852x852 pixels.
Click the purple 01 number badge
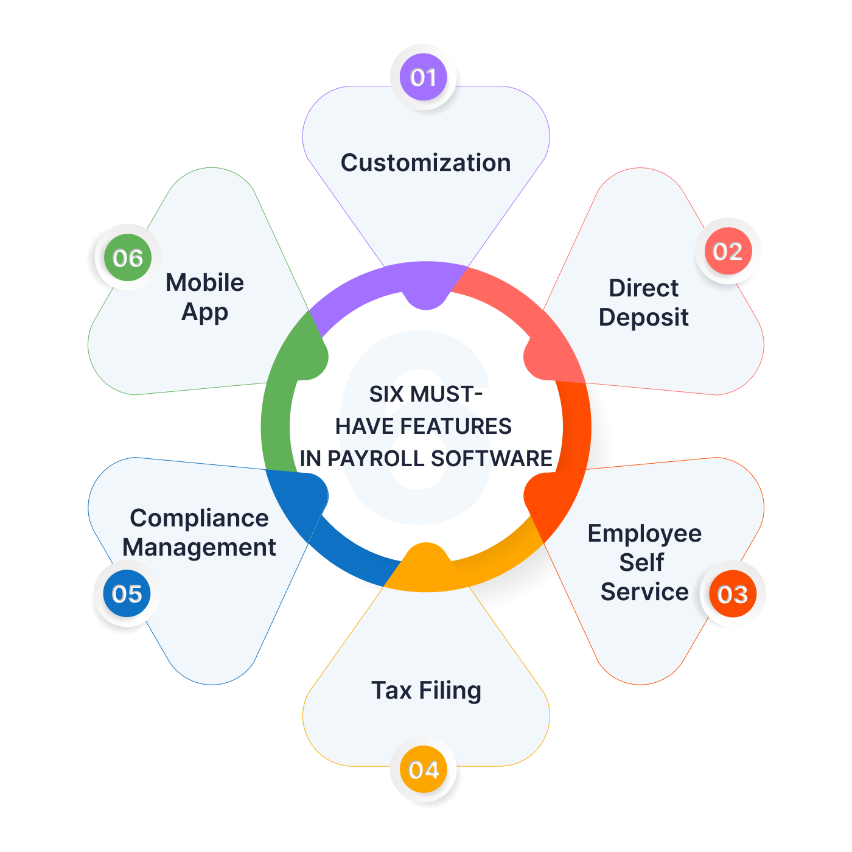[424, 77]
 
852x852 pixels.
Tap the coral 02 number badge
[728, 251]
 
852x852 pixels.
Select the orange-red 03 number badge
[732, 594]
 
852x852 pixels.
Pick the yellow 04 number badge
[424, 770]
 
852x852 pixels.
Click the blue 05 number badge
[127, 593]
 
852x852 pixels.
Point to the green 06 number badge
[128, 258]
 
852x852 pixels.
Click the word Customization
[425, 163]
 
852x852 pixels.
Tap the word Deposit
[643, 318]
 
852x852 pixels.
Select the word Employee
[644, 534]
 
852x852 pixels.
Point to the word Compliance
[199, 519]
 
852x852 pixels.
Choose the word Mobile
[204, 283]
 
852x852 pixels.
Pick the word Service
[644, 592]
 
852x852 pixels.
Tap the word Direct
[643, 288]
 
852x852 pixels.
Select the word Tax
[391, 691]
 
